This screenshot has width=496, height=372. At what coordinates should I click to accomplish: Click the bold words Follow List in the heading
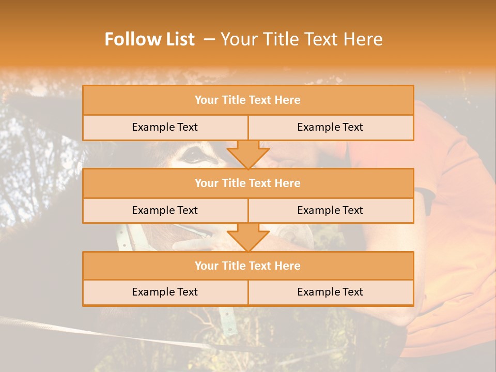149,39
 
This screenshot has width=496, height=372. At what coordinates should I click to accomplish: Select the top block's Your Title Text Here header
247,100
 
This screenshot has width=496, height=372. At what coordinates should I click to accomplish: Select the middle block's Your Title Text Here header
247,183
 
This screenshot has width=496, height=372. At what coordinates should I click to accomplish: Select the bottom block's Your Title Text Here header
247,266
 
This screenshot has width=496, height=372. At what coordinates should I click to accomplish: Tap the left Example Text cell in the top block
165,127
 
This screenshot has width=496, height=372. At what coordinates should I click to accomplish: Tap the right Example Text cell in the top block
330,127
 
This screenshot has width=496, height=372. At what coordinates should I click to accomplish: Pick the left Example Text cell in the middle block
165,210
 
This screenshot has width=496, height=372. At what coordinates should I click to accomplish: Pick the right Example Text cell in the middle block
330,210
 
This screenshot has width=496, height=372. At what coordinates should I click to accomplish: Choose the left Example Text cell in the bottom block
165,292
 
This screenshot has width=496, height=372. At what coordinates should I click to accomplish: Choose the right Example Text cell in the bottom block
330,292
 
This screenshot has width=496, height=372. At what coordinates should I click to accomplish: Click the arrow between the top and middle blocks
248,154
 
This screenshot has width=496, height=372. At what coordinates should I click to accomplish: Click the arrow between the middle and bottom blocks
248,238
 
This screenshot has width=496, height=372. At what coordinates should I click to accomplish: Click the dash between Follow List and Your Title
209,39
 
